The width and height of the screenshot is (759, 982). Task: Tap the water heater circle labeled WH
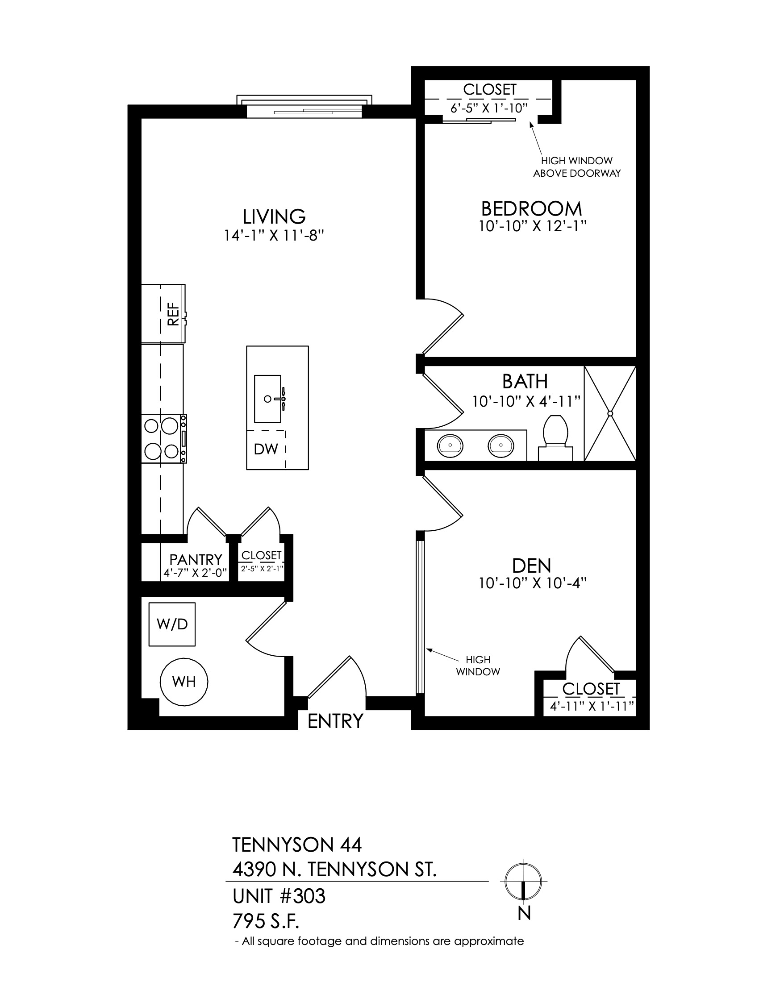[184, 682]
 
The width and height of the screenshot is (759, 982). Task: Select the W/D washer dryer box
[172, 624]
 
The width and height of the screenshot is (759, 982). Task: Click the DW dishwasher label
[266, 449]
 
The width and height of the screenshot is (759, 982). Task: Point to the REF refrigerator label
[173, 313]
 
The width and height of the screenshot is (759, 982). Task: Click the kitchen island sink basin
[268, 399]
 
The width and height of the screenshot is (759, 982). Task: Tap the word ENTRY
[335, 721]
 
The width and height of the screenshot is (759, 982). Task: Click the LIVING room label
[274, 216]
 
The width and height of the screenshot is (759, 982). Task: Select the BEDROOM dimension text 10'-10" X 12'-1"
[533, 226]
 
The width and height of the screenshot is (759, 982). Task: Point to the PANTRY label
[196, 559]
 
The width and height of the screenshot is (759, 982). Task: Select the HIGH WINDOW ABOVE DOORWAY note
[577, 167]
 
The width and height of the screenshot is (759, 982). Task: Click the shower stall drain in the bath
[610, 413]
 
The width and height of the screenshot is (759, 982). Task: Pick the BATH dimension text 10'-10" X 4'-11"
[526, 401]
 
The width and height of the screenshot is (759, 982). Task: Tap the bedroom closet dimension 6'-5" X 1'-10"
[488, 108]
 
